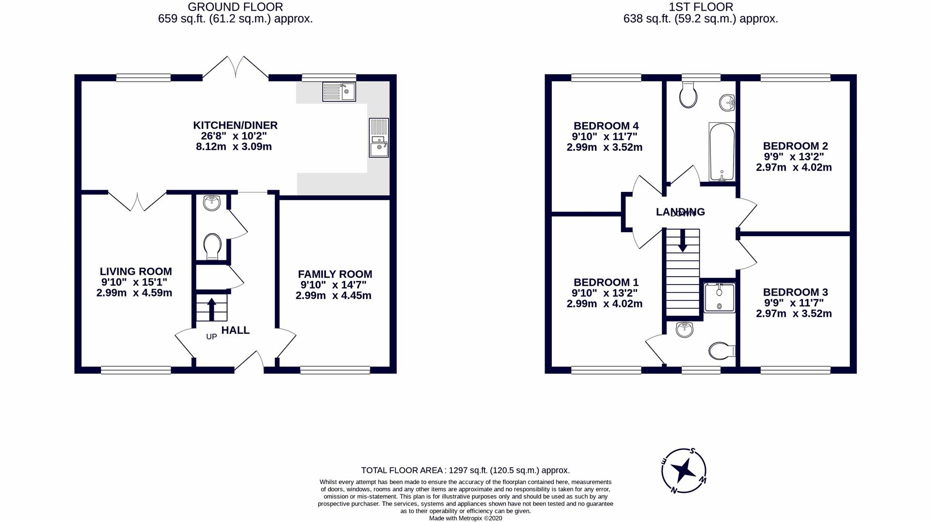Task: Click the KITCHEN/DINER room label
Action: point(235,126)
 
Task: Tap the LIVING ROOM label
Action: point(136,272)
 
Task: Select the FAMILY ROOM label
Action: point(335,274)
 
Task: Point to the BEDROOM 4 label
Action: point(606,126)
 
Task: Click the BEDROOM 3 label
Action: point(795,292)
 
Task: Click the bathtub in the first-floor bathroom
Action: point(722,152)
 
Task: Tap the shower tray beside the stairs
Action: point(719,298)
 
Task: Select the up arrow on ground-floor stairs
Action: point(212,309)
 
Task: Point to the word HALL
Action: point(236,331)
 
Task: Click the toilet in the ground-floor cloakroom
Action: point(212,246)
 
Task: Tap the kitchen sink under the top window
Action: point(339,92)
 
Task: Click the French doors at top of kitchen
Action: point(236,68)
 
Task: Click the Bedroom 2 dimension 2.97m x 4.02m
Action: point(794,168)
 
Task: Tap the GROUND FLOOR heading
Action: point(235,7)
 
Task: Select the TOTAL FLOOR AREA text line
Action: point(465,470)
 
